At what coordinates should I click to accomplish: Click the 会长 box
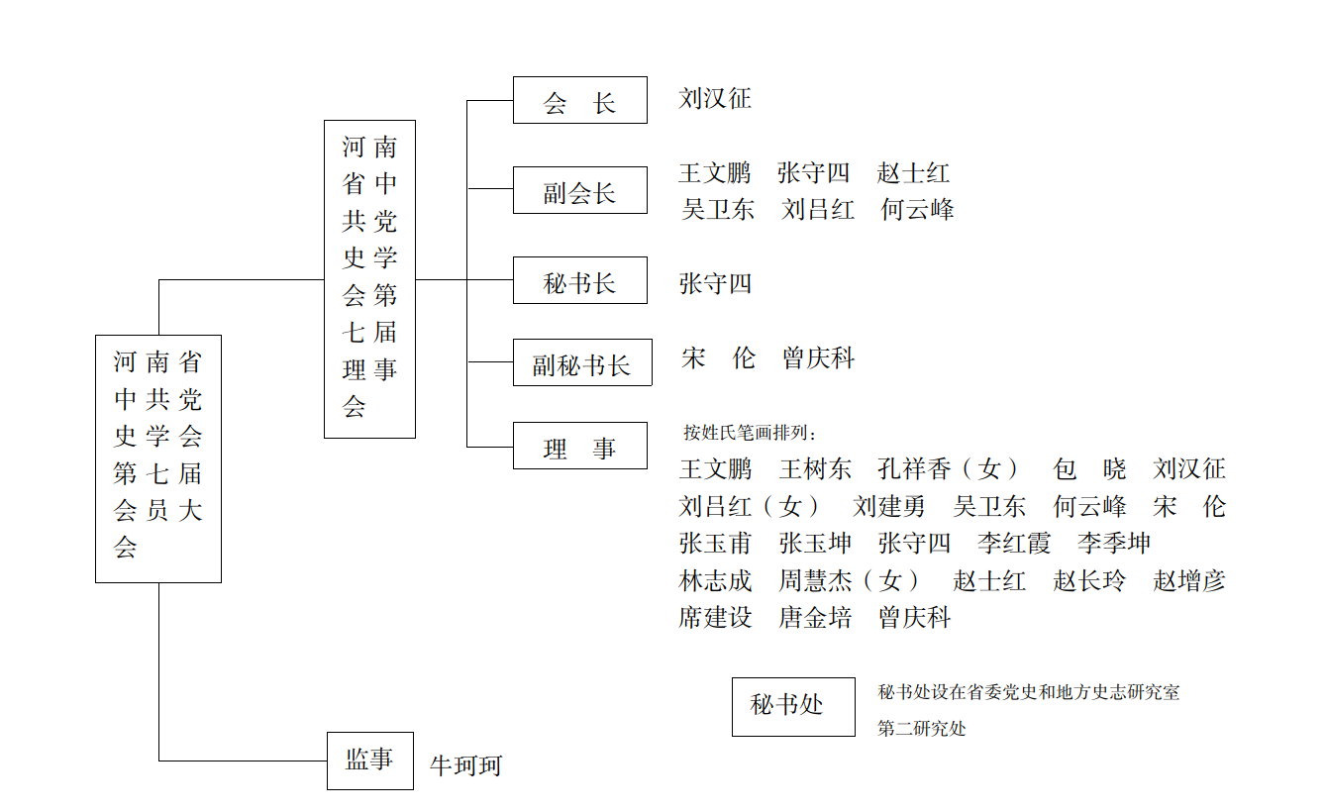point(579,100)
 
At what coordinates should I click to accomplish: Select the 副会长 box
point(579,190)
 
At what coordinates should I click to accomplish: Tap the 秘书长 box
point(579,280)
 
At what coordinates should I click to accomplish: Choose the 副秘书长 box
point(581,362)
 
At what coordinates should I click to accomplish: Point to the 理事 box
point(579,446)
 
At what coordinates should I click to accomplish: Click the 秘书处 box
point(792,707)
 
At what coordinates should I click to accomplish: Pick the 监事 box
point(369,761)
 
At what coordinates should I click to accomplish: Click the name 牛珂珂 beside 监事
point(465,765)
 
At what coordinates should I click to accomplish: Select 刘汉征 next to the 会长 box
point(715,99)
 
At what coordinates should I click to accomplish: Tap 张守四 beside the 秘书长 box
point(715,284)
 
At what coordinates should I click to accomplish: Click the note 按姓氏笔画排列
point(752,433)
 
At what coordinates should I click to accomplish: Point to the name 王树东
point(815,469)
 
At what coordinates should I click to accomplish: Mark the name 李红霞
point(1013,544)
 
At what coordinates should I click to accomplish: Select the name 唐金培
point(815,619)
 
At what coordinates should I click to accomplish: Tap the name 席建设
point(715,619)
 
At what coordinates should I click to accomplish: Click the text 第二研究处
point(921,729)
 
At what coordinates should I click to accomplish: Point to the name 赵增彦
point(1188,581)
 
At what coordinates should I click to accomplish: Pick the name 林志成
point(715,581)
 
